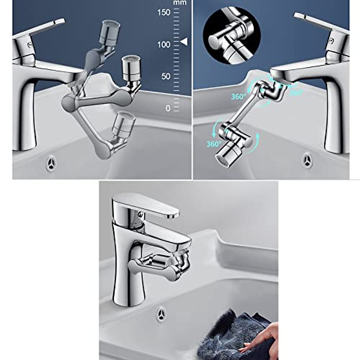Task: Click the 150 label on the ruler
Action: coord(163,12)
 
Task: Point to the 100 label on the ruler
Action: coord(163,44)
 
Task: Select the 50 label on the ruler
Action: coord(166,76)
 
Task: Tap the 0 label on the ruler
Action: coord(168,108)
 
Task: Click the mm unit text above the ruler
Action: coord(180,3)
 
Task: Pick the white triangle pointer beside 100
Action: coord(184,42)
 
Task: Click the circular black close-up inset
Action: coord(232,35)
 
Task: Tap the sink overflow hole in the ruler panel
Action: coord(51,163)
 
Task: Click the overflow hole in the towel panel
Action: coord(161,314)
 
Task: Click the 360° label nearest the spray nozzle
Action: coord(213,144)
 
